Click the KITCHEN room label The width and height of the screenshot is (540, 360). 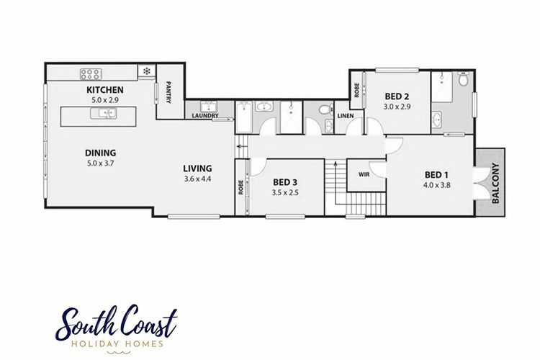click(104, 90)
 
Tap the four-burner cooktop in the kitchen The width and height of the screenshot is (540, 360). click(91, 74)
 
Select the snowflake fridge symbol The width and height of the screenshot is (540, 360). click(147, 71)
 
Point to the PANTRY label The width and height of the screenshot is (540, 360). click(168, 92)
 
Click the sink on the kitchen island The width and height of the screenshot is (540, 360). click(103, 113)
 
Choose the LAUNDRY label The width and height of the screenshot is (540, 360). click(205, 116)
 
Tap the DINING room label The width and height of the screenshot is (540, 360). click(100, 153)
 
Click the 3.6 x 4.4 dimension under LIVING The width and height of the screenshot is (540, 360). click(197, 179)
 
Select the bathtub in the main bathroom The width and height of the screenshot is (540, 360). click(245, 117)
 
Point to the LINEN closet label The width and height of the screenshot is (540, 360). click(346, 116)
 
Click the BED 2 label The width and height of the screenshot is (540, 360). click(397, 96)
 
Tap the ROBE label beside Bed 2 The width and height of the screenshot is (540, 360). click(357, 90)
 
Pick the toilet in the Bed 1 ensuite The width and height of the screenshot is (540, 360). click(463, 80)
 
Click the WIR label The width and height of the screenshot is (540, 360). click(364, 175)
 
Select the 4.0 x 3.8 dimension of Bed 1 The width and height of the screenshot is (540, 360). click(437, 185)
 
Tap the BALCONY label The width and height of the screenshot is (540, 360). click(495, 183)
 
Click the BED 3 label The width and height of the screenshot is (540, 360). click(285, 182)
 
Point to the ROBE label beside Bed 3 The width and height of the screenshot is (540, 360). click(240, 187)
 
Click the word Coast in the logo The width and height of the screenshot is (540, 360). click(149, 322)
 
